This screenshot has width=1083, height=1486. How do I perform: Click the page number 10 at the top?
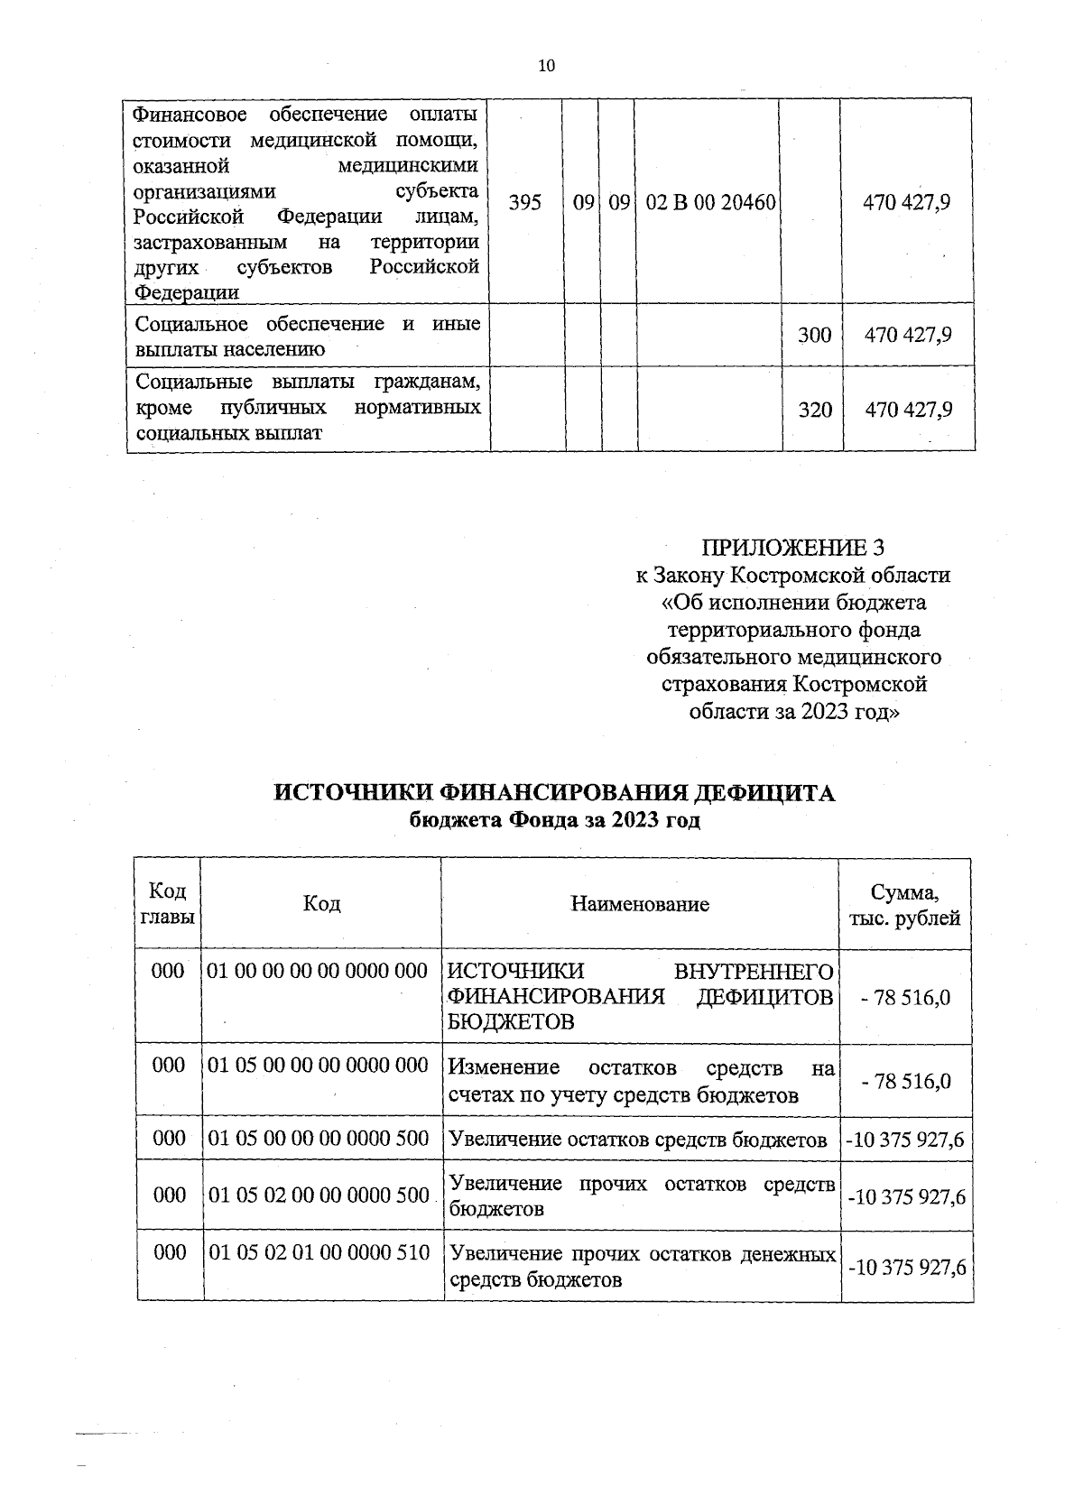[x=546, y=65]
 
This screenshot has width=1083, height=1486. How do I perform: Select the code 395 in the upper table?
[x=525, y=202]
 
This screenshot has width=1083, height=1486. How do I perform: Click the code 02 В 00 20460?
[x=711, y=202]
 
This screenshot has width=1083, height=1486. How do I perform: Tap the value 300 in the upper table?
[x=814, y=335]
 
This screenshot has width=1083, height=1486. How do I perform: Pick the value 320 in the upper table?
[x=815, y=410]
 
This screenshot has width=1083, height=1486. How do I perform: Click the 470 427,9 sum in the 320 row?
[x=908, y=410]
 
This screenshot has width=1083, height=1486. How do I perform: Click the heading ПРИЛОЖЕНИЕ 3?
[x=792, y=548]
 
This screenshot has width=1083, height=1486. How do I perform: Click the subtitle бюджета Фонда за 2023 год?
[x=555, y=820]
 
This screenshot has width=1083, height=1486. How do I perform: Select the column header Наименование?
[x=640, y=903]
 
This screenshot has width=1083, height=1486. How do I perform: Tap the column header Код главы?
[x=168, y=904]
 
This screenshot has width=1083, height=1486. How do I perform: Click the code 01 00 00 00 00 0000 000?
[x=318, y=972]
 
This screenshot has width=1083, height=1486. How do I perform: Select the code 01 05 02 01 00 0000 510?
[x=319, y=1252]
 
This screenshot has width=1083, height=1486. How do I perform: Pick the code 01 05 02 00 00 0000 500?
[x=319, y=1195]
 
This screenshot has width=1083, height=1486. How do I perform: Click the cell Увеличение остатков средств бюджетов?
[x=637, y=1140]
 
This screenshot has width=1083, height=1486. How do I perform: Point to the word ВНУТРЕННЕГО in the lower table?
[x=753, y=972]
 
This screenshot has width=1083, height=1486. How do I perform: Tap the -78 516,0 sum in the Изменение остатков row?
[x=905, y=1081]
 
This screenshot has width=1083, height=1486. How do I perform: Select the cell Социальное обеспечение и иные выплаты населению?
[x=307, y=335]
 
